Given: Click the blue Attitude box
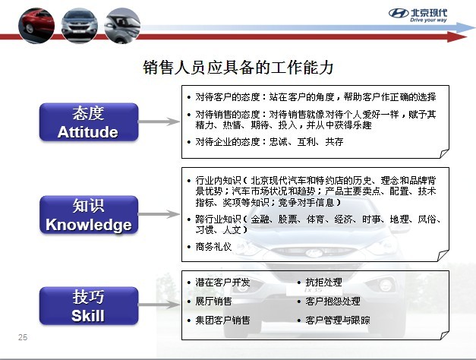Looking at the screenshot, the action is tap(89, 122).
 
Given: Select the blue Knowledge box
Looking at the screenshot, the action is tap(89, 215).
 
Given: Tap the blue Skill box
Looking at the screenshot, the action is tap(89, 305).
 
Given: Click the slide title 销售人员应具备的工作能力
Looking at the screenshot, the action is tap(238, 68).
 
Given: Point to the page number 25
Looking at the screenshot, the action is tap(23, 337).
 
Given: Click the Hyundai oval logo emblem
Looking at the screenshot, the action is tap(399, 14).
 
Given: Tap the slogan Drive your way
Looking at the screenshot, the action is tap(428, 20).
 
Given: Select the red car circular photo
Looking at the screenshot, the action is tap(36, 26).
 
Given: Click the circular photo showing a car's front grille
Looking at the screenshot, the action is tap(80, 26).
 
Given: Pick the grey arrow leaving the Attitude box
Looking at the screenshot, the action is tap(159, 122).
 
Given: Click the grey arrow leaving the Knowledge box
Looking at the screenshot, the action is tap(159, 214).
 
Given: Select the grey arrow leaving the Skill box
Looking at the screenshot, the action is tap(159, 305).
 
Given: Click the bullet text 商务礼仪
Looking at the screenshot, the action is tap(213, 246).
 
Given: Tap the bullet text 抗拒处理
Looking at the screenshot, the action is tap(323, 283).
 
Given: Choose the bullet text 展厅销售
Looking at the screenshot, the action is tap(213, 301).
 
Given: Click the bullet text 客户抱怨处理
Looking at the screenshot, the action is tap(333, 301).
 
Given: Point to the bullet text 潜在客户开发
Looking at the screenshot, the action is tap(222, 283).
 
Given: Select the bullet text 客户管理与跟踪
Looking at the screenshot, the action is tap(338, 320).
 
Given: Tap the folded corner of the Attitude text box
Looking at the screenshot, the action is tap(444, 153).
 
